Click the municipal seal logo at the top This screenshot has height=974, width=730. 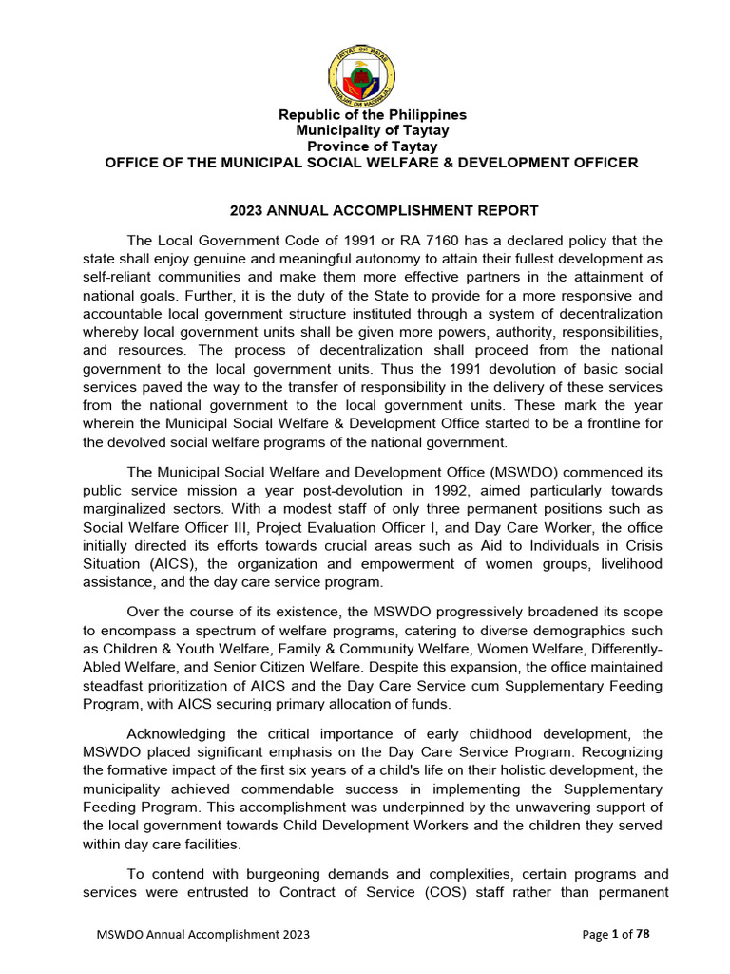pos(362,76)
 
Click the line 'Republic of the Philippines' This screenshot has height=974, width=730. pos(371,115)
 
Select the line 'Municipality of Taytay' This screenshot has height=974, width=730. pos(372,130)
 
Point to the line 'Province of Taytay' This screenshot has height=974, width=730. pos(372,146)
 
